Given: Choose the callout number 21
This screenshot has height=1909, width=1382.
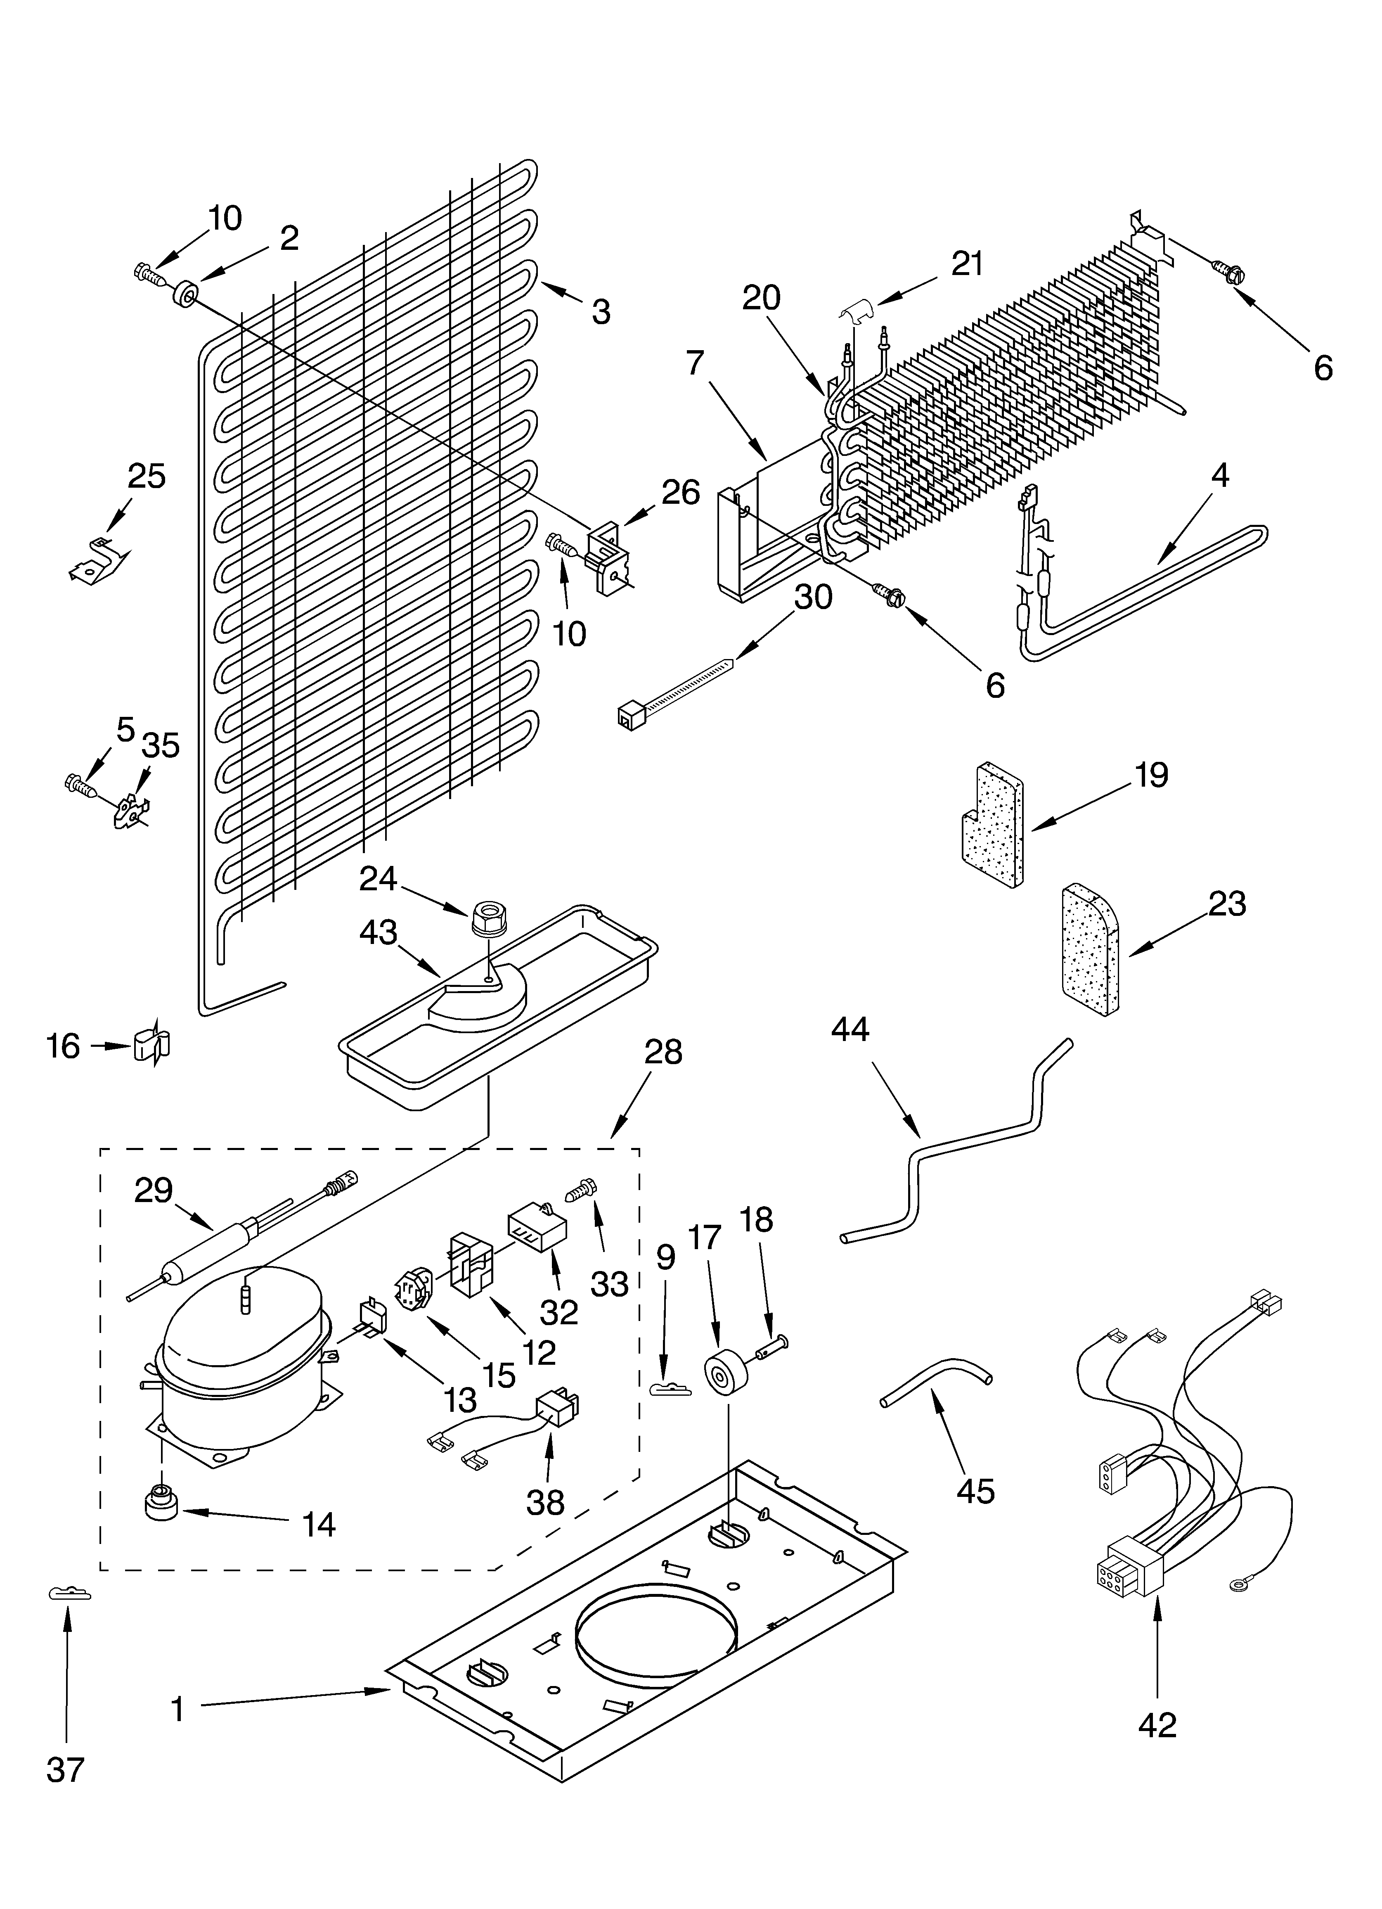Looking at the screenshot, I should [967, 264].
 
